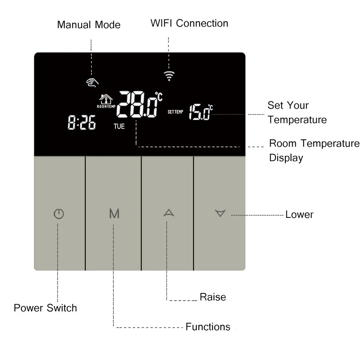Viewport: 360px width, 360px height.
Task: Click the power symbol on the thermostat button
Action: tap(59, 214)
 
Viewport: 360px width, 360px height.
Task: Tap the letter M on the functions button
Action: tap(114, 214)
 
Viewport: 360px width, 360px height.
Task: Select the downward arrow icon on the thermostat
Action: tap(220, 213)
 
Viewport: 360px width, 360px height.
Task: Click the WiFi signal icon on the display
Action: tap(169, 75)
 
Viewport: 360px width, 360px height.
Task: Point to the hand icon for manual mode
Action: tap(92, 82)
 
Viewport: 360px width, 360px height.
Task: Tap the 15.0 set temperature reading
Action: tap(199, 112)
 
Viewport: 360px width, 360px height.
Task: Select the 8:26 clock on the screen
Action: tap(82, 123)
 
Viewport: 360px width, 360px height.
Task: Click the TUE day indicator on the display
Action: tap(119, 126)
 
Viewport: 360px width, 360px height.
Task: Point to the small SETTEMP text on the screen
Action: tap(175, 112)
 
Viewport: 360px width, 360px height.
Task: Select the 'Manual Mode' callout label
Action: tap(89, 25)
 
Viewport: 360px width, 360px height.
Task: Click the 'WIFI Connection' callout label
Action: tap(189, 23)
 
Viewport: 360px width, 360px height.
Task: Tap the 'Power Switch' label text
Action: tap(45, 308)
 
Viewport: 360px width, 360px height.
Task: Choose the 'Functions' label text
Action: tap(208, 327)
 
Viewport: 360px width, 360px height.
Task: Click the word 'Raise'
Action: tap(213, 297)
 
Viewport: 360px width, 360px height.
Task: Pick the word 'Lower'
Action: tap(299, 215)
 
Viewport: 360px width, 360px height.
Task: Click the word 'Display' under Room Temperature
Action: tap(286, 158)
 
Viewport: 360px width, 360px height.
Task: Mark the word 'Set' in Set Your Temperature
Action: tap(275, 105)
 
